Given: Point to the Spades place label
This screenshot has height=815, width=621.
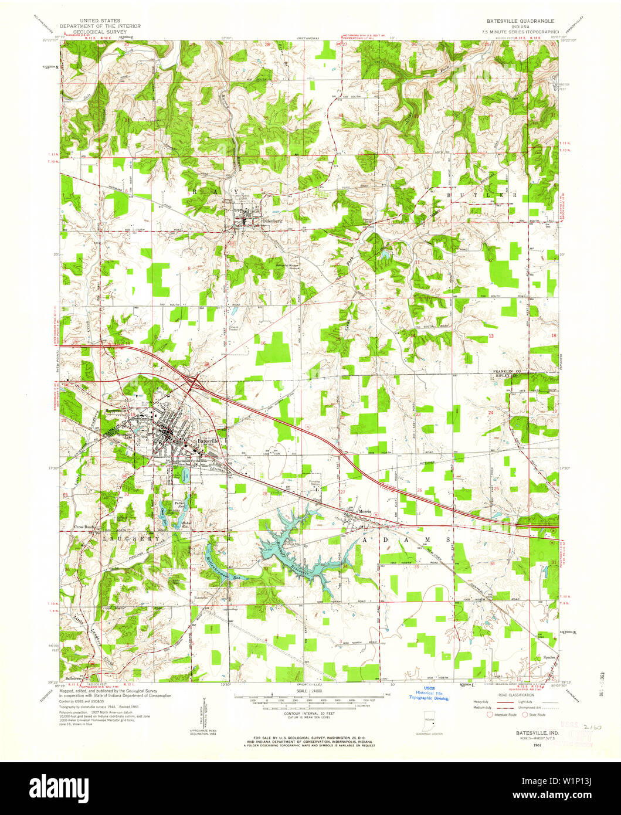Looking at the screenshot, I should tap(549, 657).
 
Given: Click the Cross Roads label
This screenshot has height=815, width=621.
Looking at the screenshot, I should tap(85, 526).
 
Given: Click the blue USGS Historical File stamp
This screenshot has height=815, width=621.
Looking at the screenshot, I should tap(428, 694).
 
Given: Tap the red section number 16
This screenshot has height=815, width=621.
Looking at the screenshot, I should tap(264, 343).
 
